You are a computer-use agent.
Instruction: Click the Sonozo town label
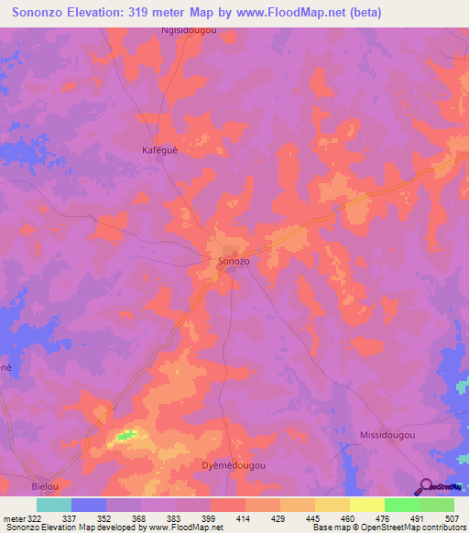click(x=234, y=261)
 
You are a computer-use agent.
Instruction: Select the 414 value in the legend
click(x=245, y=519)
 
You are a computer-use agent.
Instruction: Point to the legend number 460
click(x=349, y=519)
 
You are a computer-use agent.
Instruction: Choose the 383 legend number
click(x=175, y=519)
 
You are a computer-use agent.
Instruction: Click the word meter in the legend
click(x=14, y=519)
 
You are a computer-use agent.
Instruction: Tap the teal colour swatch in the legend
click(x=54, y=505)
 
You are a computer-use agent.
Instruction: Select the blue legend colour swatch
click(x=89, y=505)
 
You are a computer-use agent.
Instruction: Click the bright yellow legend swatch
click(x=366, y=505)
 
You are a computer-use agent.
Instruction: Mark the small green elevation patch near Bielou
click(x=128, y=434)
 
